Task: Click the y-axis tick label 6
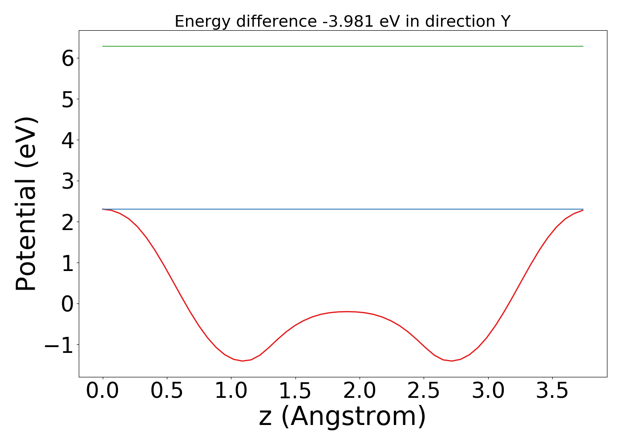coord(68,58)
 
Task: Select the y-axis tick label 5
coord(68,99)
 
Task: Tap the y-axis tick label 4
coord(68,140)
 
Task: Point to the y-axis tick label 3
coord(68,181)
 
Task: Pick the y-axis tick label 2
coord(68,222)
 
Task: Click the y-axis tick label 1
coord(68,263)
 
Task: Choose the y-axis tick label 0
coord(68,304)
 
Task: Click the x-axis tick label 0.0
coord(103,391)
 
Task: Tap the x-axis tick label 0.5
coord(167,391)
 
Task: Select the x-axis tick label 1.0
coord(231,391)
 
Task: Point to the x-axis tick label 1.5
coord(295,391)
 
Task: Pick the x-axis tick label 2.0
coord(360,391)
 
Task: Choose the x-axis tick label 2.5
coord(424,391)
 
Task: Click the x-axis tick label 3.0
coord(488,391)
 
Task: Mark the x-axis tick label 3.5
coord(552,391)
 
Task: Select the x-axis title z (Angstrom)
coord(343,417)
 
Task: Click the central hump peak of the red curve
coord(347,311)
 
